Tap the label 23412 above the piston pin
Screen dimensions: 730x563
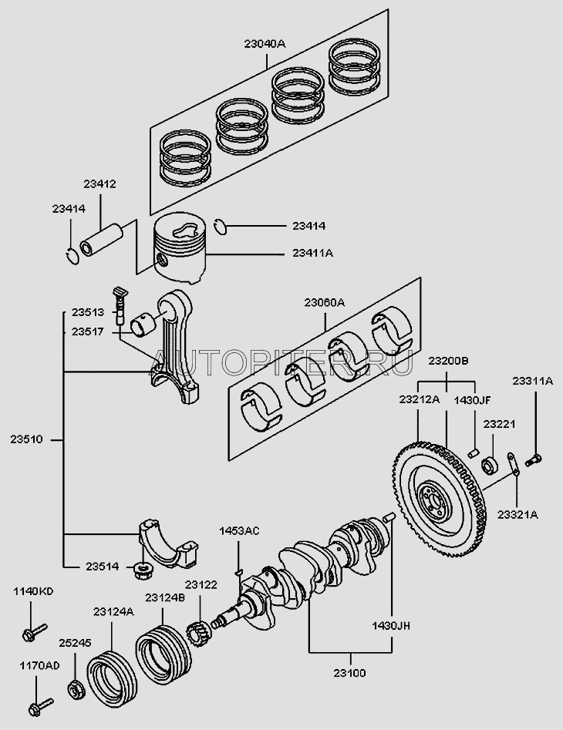coord(100,184)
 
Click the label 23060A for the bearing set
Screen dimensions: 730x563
coord(325,302)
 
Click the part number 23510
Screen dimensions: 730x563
coord(28,440)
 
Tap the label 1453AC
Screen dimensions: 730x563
coord(239,531)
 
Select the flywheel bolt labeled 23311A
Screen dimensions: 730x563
coord(533,460)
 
